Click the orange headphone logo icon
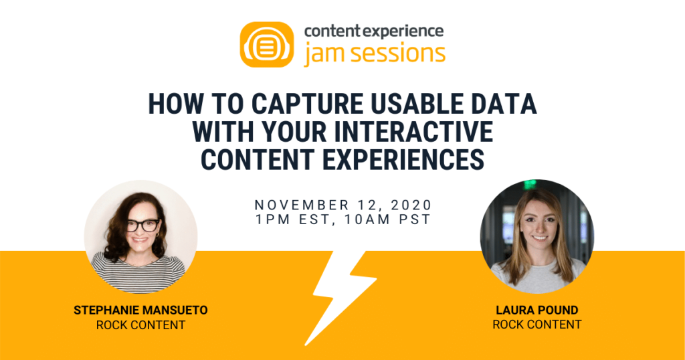pos(266,45)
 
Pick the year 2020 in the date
pos(407,205)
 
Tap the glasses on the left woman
pos(142,225)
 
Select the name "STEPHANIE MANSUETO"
pos(140,311)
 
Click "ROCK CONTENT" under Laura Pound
pos(536,325)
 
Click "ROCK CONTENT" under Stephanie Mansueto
pos(140,326)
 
